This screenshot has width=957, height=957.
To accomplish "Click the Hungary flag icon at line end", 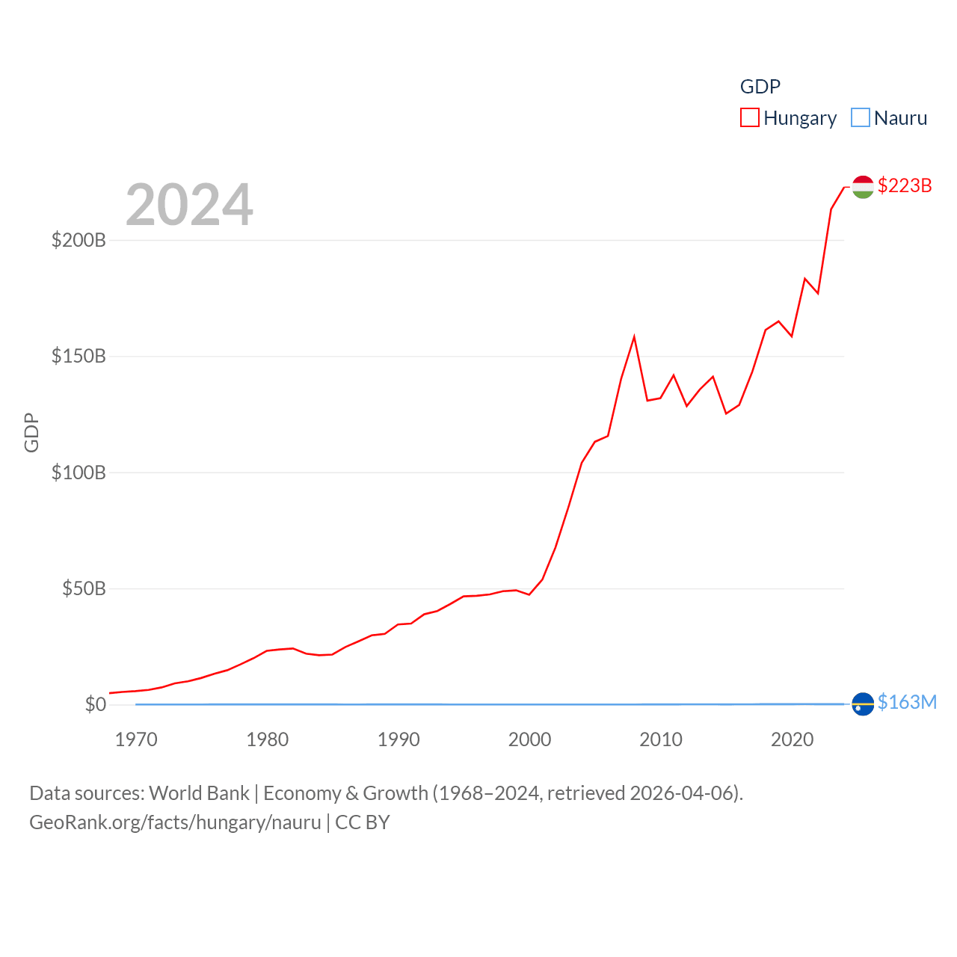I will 863,187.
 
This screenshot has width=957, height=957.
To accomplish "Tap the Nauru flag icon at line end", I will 863,704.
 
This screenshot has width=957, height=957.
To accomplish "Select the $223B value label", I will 905,185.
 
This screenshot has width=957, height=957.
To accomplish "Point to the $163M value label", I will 907,702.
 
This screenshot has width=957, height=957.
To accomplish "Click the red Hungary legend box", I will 750,118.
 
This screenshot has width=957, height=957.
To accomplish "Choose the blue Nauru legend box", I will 861,118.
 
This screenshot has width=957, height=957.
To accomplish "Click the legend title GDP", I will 760,87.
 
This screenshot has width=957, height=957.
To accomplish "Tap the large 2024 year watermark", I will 189,205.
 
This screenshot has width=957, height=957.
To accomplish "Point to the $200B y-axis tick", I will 79,240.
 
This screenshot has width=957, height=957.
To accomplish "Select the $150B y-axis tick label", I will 79,356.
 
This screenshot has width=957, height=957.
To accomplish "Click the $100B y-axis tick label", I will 79,473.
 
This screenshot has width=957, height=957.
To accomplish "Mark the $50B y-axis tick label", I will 84,588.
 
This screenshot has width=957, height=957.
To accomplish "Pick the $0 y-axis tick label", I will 96,704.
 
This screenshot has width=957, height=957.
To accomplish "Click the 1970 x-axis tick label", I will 136,739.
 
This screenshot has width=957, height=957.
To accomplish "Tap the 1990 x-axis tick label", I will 399,739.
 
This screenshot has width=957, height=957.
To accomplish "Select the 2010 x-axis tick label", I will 661,739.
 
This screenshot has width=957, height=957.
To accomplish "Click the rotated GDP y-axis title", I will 31,432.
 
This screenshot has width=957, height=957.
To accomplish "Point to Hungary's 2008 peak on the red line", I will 634,337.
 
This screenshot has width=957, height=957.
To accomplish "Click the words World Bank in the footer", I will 199,793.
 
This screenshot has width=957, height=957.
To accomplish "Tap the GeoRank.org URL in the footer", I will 175,822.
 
